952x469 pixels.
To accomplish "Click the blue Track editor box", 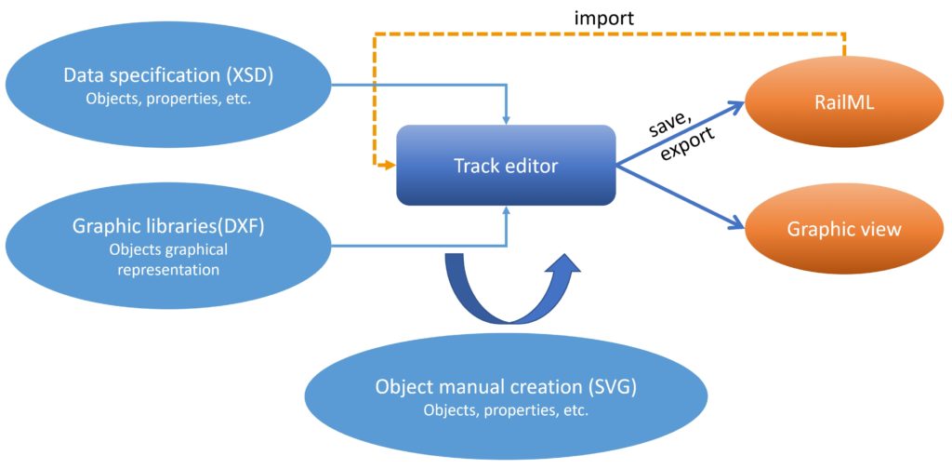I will coord(506,166).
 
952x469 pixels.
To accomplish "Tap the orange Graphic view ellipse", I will coord(843,229).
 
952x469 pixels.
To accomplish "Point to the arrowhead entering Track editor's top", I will coord(506,119).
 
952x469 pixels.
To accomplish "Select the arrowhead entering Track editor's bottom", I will coord(506,210).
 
